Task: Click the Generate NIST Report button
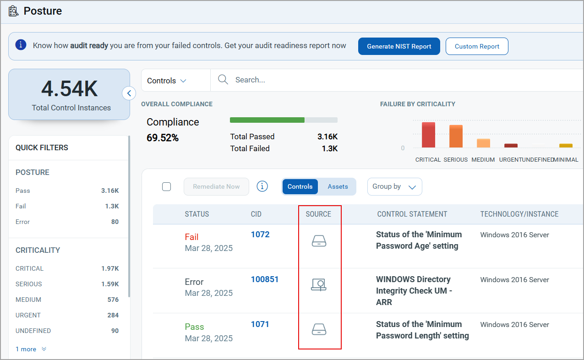(399, 46)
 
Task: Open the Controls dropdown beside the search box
(167, 81)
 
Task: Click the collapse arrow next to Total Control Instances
(129, 93)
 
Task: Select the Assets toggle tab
(338, 186)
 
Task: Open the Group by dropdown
(394, 186)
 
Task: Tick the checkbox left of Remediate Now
(167, 186)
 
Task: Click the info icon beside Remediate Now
(262, 186)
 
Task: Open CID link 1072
(260, 235)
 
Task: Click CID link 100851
(265, 279)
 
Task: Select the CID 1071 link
(260, 324)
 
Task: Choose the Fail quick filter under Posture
(21, 206)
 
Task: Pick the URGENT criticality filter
(28, 315)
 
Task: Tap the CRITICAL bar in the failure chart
(428, 135)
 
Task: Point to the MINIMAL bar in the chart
(566, 146)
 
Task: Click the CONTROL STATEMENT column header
(412, 214)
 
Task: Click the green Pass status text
(194, 327)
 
